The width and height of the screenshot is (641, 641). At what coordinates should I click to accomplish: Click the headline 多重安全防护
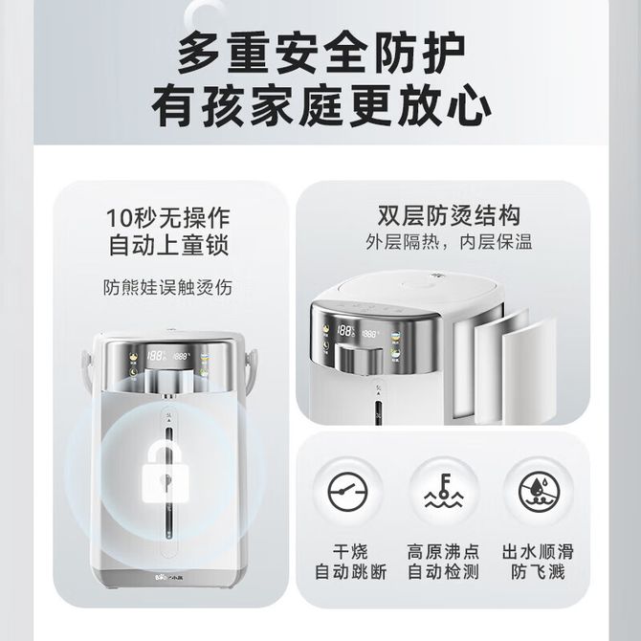pyautogui.click(x=321, y=54)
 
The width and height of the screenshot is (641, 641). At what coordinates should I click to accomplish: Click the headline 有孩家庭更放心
pyautogui.click(x=321, y=105)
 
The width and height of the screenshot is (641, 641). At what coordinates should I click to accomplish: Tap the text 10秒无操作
pyautogui.click(x=168, y=218)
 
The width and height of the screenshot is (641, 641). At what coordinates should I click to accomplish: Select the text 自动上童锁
pyautogui.click(x=168, y=245)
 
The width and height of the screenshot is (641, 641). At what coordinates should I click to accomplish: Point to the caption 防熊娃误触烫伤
pyautogui.click(x=167, y=287)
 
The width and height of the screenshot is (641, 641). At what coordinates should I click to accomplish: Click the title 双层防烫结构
pyautogui.click(x=449, y=215)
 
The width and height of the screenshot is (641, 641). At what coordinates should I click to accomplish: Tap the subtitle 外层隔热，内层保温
pyautogui.click(x=449, y=242)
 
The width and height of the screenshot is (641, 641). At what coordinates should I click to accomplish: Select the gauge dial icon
pyautogui.click(x=348, y=492)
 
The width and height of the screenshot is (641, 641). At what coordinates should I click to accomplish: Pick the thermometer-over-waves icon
pyautogui.click(x=443, y=491)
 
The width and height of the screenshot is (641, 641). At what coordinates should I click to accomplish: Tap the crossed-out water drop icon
pyautogui.click(x=539, y=492)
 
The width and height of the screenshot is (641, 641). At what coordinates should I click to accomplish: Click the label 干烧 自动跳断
pyautogui.click(x=350, y=562)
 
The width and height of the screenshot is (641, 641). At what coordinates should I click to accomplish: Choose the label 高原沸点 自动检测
pyautogui.click(x=443, y=562)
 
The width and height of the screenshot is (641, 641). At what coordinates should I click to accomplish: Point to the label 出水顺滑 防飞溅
pyautogui.click(x=538, y=562)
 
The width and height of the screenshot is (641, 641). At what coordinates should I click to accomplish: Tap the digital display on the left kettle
pyautogui.click(x=168, y=356)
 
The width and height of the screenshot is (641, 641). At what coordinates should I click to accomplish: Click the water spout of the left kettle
pyautogui.click(x=169, y=396)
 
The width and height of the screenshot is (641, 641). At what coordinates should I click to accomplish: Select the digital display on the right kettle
pyautogui.click(x=357, y=332)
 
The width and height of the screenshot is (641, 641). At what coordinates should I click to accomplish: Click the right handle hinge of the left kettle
pyautogui.click(x=250, y=359)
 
